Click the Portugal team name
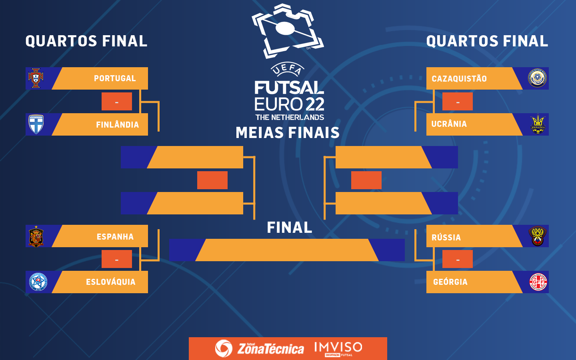click(115, 78)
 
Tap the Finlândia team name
click(117, 125)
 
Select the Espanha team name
click(115, 237)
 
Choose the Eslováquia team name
click(111, 282)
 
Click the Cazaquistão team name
click(459, 79)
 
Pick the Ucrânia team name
click(449, 124)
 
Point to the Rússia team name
click(446, 238)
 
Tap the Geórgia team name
click(450, 282)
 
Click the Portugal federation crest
click(36, 78)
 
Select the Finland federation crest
click(36, 124)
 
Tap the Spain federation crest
click(36, 236)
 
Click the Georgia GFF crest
click(538, 282)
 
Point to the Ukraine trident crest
click(538, 124)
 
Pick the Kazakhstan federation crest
click(538, 78)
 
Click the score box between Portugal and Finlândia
click(117, 102)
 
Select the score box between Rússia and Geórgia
click(458, 259)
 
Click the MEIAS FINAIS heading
click(288, 133)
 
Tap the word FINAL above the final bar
click(290, 228)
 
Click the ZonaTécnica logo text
click(270, 349)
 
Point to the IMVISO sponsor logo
click(338, 348)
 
